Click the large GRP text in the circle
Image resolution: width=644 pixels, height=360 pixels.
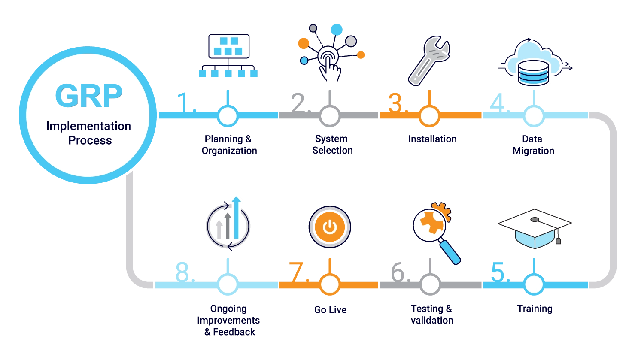(x=88, y=96)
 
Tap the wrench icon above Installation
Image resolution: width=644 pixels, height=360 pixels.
(x=429, y=61)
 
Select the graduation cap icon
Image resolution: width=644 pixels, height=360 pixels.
(x=535, y=228)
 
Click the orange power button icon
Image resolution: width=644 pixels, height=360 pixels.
(x=330, y=227)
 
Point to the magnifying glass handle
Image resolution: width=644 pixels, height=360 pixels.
(x=450, y=252)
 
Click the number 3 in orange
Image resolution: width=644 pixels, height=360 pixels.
(x=395, y=103)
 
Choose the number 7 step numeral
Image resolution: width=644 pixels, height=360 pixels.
(x=296, y=272)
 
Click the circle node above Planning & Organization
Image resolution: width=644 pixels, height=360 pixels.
(x=228, y=116)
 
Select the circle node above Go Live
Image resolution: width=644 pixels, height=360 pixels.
(x=330, y=284)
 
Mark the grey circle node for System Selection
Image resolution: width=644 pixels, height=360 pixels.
(x=330, y=116)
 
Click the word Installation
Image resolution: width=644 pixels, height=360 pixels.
(x=432, y=139)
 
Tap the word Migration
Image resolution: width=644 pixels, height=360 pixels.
(x=533, y=151)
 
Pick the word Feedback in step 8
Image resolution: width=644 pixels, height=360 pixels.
(x=234, y=332)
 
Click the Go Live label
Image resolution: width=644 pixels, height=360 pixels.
(x=330, y=310)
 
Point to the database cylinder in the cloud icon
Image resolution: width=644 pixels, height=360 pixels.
(x=533, y=73)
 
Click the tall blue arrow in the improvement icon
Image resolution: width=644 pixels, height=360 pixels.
(x=236, y=218)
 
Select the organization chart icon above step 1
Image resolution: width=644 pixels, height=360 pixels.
(x=228, y=56)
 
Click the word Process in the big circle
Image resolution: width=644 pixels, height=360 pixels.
(x=90, y=140)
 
